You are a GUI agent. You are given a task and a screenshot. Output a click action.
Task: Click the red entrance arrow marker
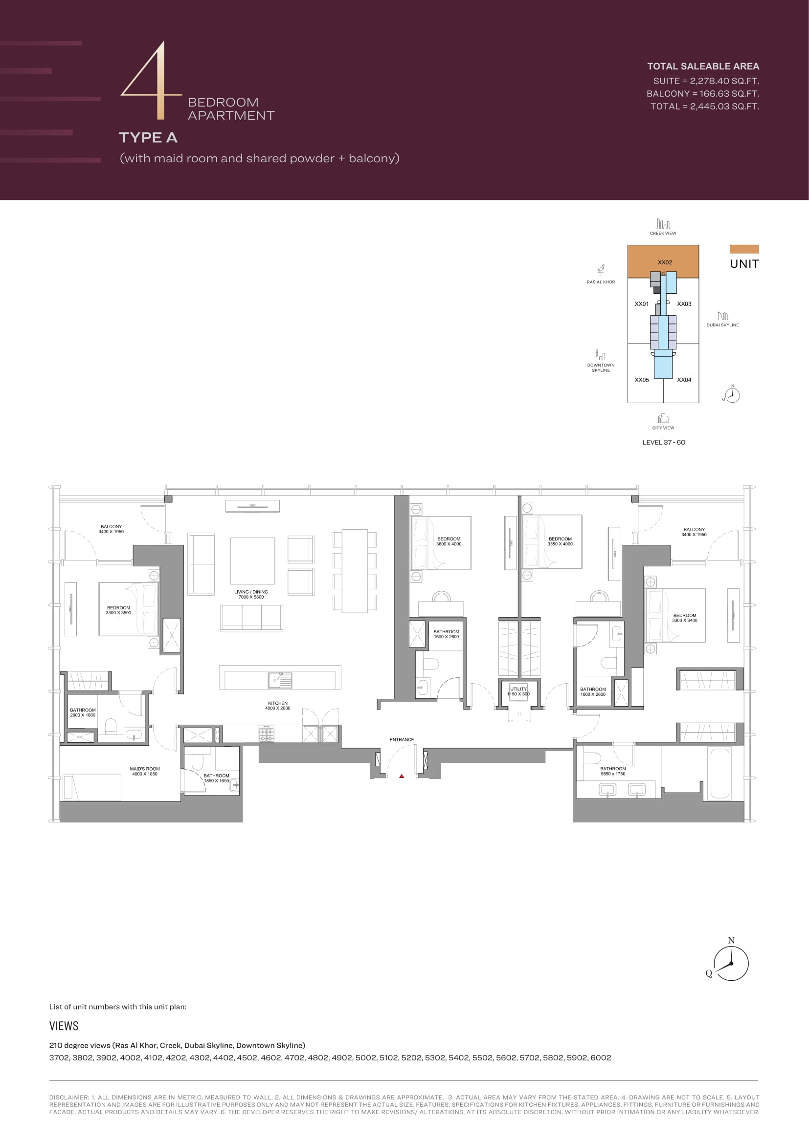coord(402,776)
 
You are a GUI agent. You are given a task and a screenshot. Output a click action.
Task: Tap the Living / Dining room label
coord(251,594)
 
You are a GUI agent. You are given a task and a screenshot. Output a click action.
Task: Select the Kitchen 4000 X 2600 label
coord(277,706)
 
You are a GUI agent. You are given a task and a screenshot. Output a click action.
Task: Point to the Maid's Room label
coord(144,771)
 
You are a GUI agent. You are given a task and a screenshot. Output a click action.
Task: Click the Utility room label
coord(518,691)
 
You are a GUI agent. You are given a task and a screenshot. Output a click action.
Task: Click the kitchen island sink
coord(280,680)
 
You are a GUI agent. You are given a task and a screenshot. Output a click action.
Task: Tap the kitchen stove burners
coord(266,734)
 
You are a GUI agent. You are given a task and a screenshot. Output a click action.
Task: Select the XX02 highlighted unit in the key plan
coord(663,261)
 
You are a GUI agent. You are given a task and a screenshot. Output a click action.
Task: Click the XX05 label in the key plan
coord(642,380)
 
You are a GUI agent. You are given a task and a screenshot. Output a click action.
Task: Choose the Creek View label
coord(663,233)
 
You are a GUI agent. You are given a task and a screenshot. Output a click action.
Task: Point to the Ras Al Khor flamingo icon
coord(601,270)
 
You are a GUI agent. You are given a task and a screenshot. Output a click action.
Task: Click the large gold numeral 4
coord(151,80)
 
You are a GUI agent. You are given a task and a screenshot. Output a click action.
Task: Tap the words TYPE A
coord(148,137)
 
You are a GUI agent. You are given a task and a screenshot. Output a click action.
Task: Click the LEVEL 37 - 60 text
coord(664,442)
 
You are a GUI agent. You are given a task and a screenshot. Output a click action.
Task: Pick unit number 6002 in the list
coord(600,1057)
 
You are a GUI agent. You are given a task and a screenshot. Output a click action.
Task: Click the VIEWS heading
coord(64,1026)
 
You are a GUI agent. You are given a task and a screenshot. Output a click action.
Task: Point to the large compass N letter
coord(731,940)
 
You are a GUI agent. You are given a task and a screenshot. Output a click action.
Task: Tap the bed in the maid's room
coord(92,787)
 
